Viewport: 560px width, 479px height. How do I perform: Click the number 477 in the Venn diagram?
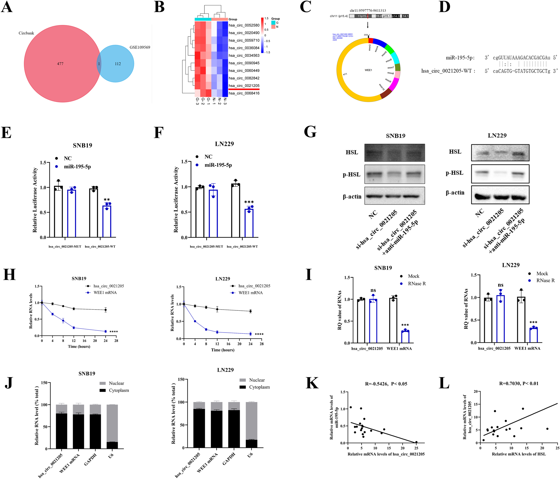[60, 64]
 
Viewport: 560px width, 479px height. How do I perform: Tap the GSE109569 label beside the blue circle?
[140, 47]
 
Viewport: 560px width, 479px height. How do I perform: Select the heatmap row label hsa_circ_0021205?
[244, 86]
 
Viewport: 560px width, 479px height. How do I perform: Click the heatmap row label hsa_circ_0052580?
[244, 25]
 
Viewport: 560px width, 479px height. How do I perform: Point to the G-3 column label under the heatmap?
[197, 101]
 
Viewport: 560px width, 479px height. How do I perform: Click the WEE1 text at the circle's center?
[368, 70]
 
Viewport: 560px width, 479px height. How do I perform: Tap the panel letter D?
[444, 7]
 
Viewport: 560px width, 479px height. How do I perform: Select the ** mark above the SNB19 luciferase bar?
[107, 200]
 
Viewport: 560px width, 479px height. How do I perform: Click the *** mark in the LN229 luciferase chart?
[249, 202]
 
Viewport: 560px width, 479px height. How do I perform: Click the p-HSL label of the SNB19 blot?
[352, 174]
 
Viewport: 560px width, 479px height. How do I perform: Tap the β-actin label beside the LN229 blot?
[455, 193]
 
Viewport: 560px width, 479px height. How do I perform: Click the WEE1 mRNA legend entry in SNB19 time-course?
[105, 293]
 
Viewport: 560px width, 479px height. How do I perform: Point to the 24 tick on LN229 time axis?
[250, 344]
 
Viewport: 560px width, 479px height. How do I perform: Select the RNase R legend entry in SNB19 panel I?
[417, 284]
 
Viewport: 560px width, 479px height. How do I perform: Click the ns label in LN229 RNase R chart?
[501, 285]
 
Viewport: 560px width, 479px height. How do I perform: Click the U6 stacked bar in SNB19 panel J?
[112, 426]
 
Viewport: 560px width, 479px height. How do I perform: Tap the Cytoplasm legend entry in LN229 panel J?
[259, 387]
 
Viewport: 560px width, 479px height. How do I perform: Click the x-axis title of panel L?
[519, 454]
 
